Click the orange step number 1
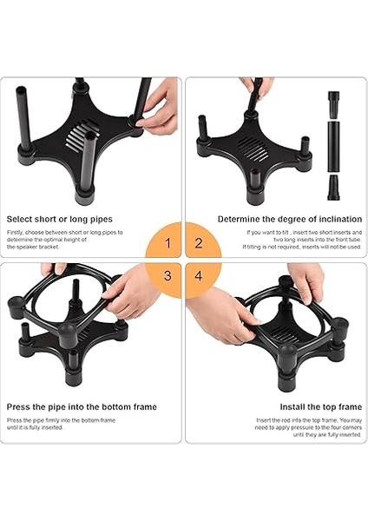coord(169,244)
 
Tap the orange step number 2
coord(199,244)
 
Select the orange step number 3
coord(169,275)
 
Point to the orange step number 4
coord(199,275)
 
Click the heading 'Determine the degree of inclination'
coord(290,219)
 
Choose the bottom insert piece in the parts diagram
coord(333,187)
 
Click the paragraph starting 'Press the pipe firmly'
coord(62,424)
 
